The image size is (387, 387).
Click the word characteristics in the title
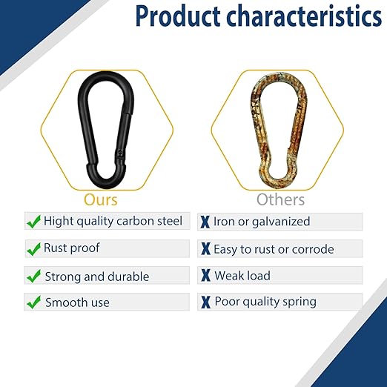[308, 17]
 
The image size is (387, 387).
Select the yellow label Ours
[100, 199]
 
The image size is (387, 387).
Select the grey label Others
[280, 199]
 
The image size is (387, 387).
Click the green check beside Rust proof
[33, 248]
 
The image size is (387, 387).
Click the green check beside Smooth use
[33, 302]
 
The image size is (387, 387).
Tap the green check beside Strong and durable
[33, 276]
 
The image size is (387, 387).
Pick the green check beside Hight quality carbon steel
[33, 221]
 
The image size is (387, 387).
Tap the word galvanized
[285, 222]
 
